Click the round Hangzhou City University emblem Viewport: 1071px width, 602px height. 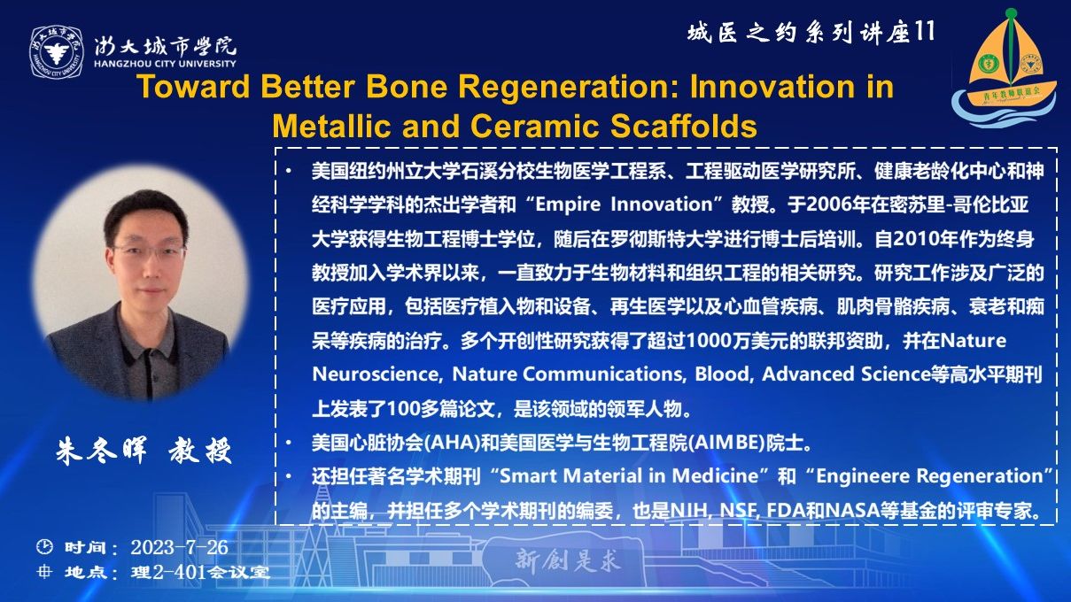57,52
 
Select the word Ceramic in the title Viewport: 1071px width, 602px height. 535,126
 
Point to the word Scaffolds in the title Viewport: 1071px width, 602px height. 684,126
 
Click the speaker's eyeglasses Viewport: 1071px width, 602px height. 148,251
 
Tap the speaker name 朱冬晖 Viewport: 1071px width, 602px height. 101,451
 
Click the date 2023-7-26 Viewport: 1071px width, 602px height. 179,547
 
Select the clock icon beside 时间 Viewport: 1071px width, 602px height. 44,546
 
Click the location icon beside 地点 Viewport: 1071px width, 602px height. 44,571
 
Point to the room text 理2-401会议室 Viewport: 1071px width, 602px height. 200,573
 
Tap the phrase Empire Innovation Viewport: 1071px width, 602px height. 624,205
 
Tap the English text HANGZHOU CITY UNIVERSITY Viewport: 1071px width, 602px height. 165,64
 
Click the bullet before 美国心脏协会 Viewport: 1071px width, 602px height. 288,444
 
